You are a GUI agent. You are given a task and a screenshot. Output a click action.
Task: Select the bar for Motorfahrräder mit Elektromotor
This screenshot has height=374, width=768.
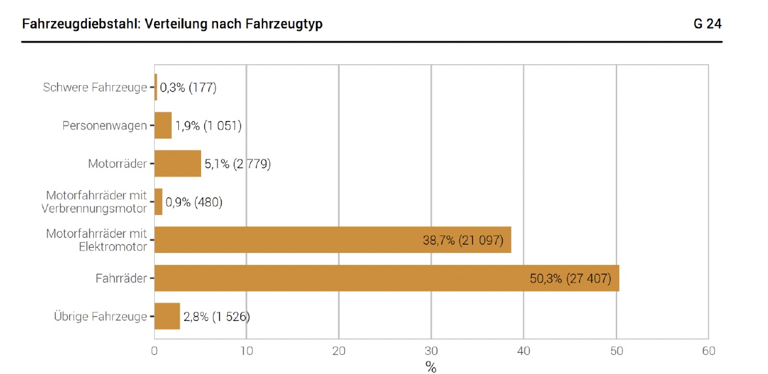click(x=332, y=240)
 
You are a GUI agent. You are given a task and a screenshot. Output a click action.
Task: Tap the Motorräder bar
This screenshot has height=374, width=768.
click(x=178, y=163)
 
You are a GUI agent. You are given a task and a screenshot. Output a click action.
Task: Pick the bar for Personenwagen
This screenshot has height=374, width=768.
click(x=163, y=125)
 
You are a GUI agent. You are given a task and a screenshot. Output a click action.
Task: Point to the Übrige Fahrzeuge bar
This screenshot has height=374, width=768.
click(x=167, y=316)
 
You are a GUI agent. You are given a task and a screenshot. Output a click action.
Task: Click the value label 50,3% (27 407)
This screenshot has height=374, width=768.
click(x=570, y=279)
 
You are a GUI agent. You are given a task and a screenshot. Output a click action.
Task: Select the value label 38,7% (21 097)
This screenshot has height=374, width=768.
click(x=463, y=241)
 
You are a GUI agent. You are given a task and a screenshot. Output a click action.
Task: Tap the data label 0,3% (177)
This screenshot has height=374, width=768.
click(x=188, y=87)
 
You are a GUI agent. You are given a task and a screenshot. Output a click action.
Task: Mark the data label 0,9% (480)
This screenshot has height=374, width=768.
click(x=194, y=202)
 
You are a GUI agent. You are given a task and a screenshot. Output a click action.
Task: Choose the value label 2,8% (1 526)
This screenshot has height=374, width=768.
click(x=216, y=317)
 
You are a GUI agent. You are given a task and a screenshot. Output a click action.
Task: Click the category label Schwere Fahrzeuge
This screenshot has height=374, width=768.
click(x=95, y=87)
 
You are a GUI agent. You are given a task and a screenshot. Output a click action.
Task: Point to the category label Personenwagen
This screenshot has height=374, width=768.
click(x=104, y=126)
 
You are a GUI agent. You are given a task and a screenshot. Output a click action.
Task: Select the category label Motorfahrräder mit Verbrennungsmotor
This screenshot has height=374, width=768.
click(x=96, y=202)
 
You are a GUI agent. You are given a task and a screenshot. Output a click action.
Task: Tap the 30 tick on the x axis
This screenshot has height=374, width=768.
click(x=431, y=350)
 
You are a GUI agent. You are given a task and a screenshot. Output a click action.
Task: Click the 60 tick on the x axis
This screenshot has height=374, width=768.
click(x=708, y=350)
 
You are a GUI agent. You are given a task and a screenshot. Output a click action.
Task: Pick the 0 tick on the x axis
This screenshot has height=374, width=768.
click(x=154, y=350)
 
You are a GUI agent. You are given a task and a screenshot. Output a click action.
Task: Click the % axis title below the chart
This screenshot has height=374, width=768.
click(x=431, y=367)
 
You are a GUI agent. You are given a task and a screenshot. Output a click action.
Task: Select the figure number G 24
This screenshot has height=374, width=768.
click(x=708, y=24)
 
